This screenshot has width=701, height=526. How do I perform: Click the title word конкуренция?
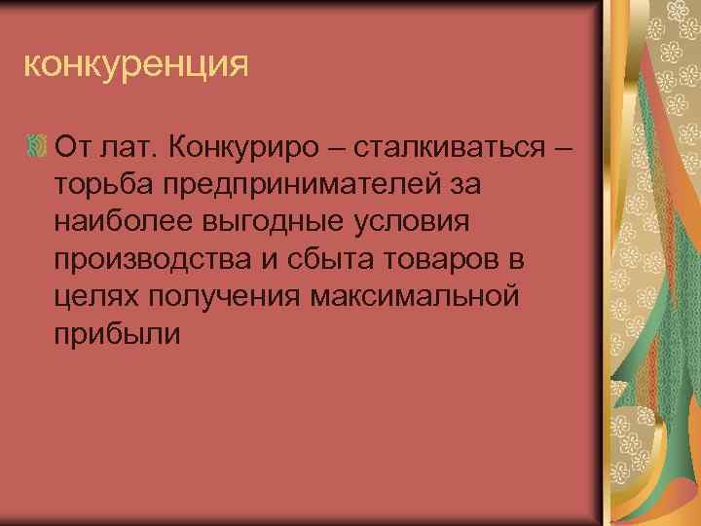(136, 66)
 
